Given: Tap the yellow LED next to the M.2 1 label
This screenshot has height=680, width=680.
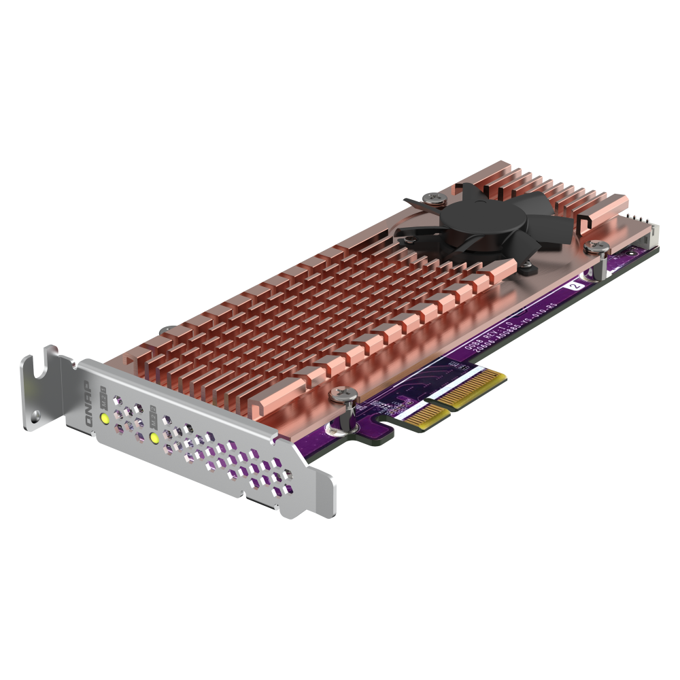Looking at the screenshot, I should tap(105, 418).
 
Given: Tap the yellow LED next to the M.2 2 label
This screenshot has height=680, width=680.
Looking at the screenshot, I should tap(154, 438).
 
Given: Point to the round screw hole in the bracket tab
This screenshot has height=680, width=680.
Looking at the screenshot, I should tap(33, 413).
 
